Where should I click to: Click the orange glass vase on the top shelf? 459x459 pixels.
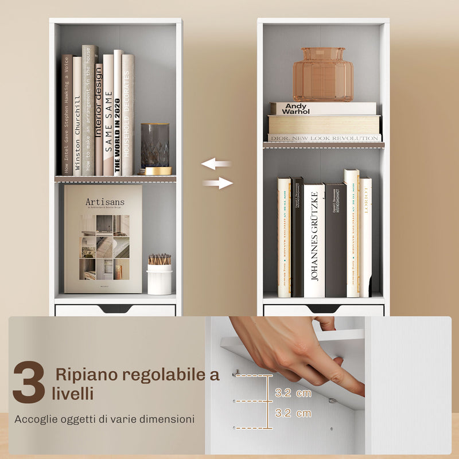323,75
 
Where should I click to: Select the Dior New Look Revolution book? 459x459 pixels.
324,138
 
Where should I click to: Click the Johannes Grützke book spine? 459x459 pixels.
314,240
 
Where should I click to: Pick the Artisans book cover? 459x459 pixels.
103,239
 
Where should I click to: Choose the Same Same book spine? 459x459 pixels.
108,115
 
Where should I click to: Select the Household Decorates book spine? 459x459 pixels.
127,115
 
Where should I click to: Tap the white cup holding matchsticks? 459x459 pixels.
160,278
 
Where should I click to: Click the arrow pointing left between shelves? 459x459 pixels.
216,164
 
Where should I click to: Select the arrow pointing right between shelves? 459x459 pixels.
218,184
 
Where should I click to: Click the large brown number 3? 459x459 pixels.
29,382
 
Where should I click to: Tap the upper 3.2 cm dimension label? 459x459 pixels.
293,393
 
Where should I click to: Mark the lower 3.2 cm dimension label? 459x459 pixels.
293,413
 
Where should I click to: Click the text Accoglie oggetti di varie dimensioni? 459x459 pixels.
104,419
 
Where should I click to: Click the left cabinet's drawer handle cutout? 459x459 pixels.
115,309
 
